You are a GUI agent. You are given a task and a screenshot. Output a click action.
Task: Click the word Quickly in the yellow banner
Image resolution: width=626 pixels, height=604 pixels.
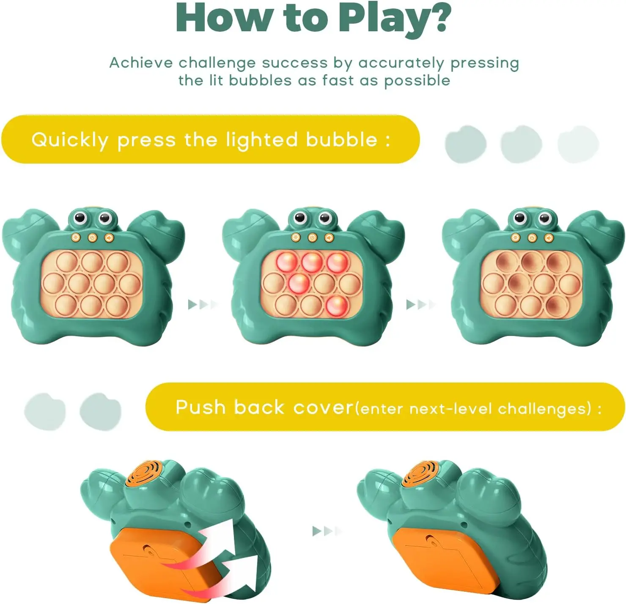click(70, 140)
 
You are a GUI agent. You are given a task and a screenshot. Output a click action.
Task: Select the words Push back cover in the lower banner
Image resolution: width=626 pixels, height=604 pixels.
click(264, 407)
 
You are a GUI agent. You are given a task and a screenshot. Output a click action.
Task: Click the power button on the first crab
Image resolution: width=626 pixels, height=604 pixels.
click(93, 238)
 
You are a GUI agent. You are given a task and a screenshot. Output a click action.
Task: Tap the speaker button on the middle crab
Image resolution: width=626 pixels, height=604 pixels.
click(329, 238)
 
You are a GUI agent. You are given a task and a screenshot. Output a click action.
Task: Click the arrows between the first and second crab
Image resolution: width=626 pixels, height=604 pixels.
click(203, 304)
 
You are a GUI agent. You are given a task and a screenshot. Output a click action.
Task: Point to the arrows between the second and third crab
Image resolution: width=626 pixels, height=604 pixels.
click(420, 304)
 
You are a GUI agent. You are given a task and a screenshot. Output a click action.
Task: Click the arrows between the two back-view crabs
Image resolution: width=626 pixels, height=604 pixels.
click(327, 531)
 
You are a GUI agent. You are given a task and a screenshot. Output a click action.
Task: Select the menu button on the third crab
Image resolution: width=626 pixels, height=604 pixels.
click(515, 238)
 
